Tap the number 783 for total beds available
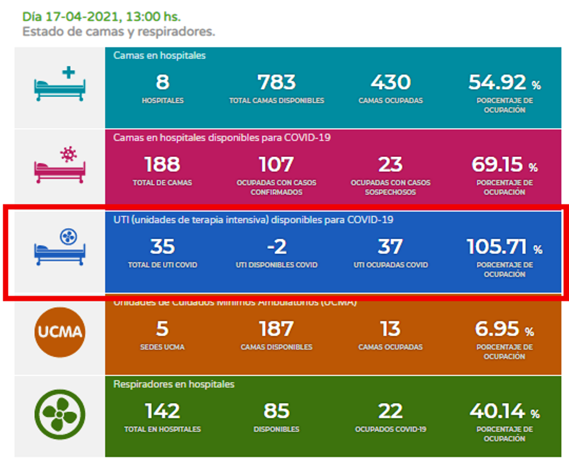pos(276,82)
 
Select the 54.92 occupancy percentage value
pos(497,82)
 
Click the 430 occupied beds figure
pos(390,82)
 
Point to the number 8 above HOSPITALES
pos(162,82)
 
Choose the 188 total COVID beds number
pos(162,164)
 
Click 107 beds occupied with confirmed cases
pos(276,164)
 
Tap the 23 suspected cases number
pos(390,164)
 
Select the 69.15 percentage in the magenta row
pos(497,164)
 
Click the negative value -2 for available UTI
pos(276,247)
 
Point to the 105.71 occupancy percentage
pos(497,247)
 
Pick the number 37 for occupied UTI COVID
pos(390,247)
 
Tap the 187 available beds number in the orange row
pos(276,329)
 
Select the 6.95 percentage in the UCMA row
pos(497,329)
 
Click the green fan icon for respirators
pos(59,415)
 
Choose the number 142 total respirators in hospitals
pos(162,411)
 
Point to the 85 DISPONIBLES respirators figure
pos(276,411)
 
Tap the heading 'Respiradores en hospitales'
pos(174,384)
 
